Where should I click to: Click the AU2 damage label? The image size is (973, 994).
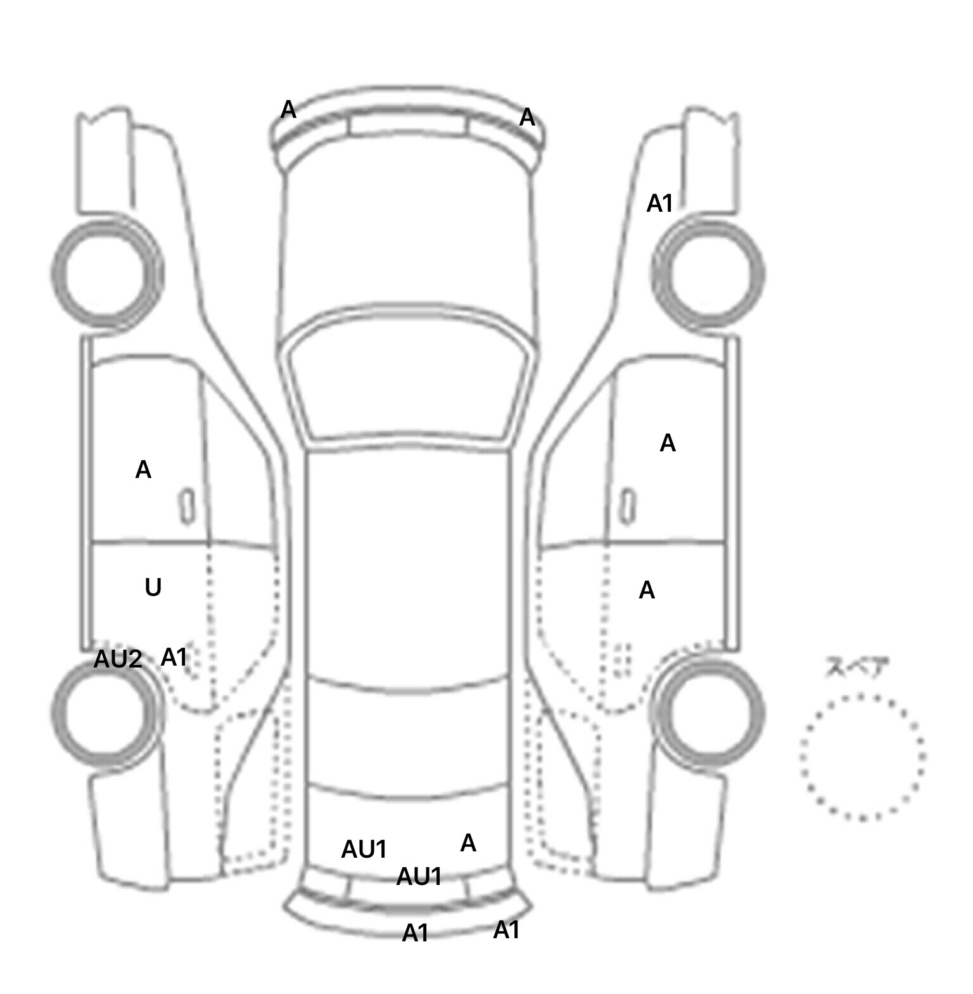[118, 659]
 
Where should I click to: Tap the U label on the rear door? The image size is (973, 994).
[153, 588]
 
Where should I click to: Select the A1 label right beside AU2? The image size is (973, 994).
[174, 657]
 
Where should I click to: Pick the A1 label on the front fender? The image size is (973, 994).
[659, 203]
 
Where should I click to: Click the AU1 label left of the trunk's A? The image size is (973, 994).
[364, 849]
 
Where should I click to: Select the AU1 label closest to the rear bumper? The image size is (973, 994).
[419, 877]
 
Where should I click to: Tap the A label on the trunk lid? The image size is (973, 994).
[468, 842]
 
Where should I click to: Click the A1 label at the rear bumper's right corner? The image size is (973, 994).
[506, 930]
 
